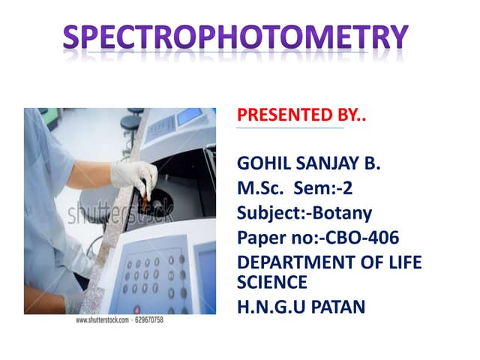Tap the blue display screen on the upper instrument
[x=190, y=117]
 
